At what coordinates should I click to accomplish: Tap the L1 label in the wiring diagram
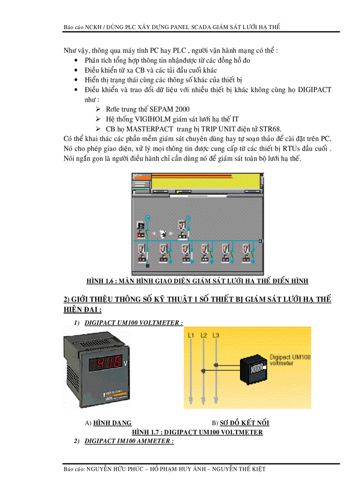[191, 336]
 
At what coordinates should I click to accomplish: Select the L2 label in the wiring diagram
[203, 336]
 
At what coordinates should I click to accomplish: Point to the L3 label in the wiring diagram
[216, 336]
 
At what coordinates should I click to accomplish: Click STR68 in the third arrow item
[270, 129]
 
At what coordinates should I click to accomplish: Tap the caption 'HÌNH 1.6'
[101, 281]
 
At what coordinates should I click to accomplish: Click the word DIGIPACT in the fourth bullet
[311, 89]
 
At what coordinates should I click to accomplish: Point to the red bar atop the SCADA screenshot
[192, 176]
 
